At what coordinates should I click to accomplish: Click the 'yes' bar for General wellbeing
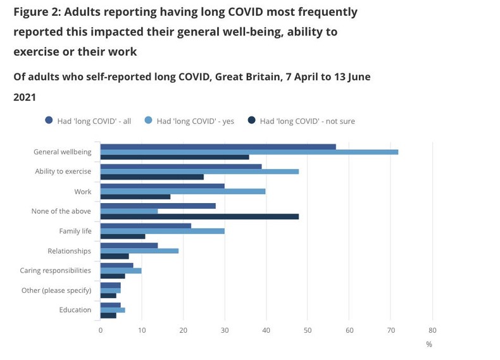(x=249, y=152)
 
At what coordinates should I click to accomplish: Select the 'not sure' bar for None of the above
(x=199, y=216)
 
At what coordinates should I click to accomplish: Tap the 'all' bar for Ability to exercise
(x=181, y=166)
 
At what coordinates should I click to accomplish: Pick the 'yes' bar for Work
(x=183, y=192)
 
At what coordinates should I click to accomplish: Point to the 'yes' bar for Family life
(x=163, y=231)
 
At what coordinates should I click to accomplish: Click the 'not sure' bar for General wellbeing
(x=175, y=157)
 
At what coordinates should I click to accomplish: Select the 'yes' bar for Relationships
(x=140, y=251)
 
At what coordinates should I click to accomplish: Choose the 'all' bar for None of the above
(x=158, y=206)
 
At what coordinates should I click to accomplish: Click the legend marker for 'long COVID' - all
(x=49, y=121)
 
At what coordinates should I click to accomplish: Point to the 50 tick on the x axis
(x=308, y=330)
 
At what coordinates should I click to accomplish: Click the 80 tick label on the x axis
(x=432, y=330)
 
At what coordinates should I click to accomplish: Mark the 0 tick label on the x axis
(x=100, y=330)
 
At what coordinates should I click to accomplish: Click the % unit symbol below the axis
(x=428, y=344)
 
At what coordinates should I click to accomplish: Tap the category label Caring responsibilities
(x=55, y=270)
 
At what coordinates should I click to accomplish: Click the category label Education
(x=75, y=310)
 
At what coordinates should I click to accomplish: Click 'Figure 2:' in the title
(x=40, y=12)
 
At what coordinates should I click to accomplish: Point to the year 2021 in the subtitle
(x=25, y=98)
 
